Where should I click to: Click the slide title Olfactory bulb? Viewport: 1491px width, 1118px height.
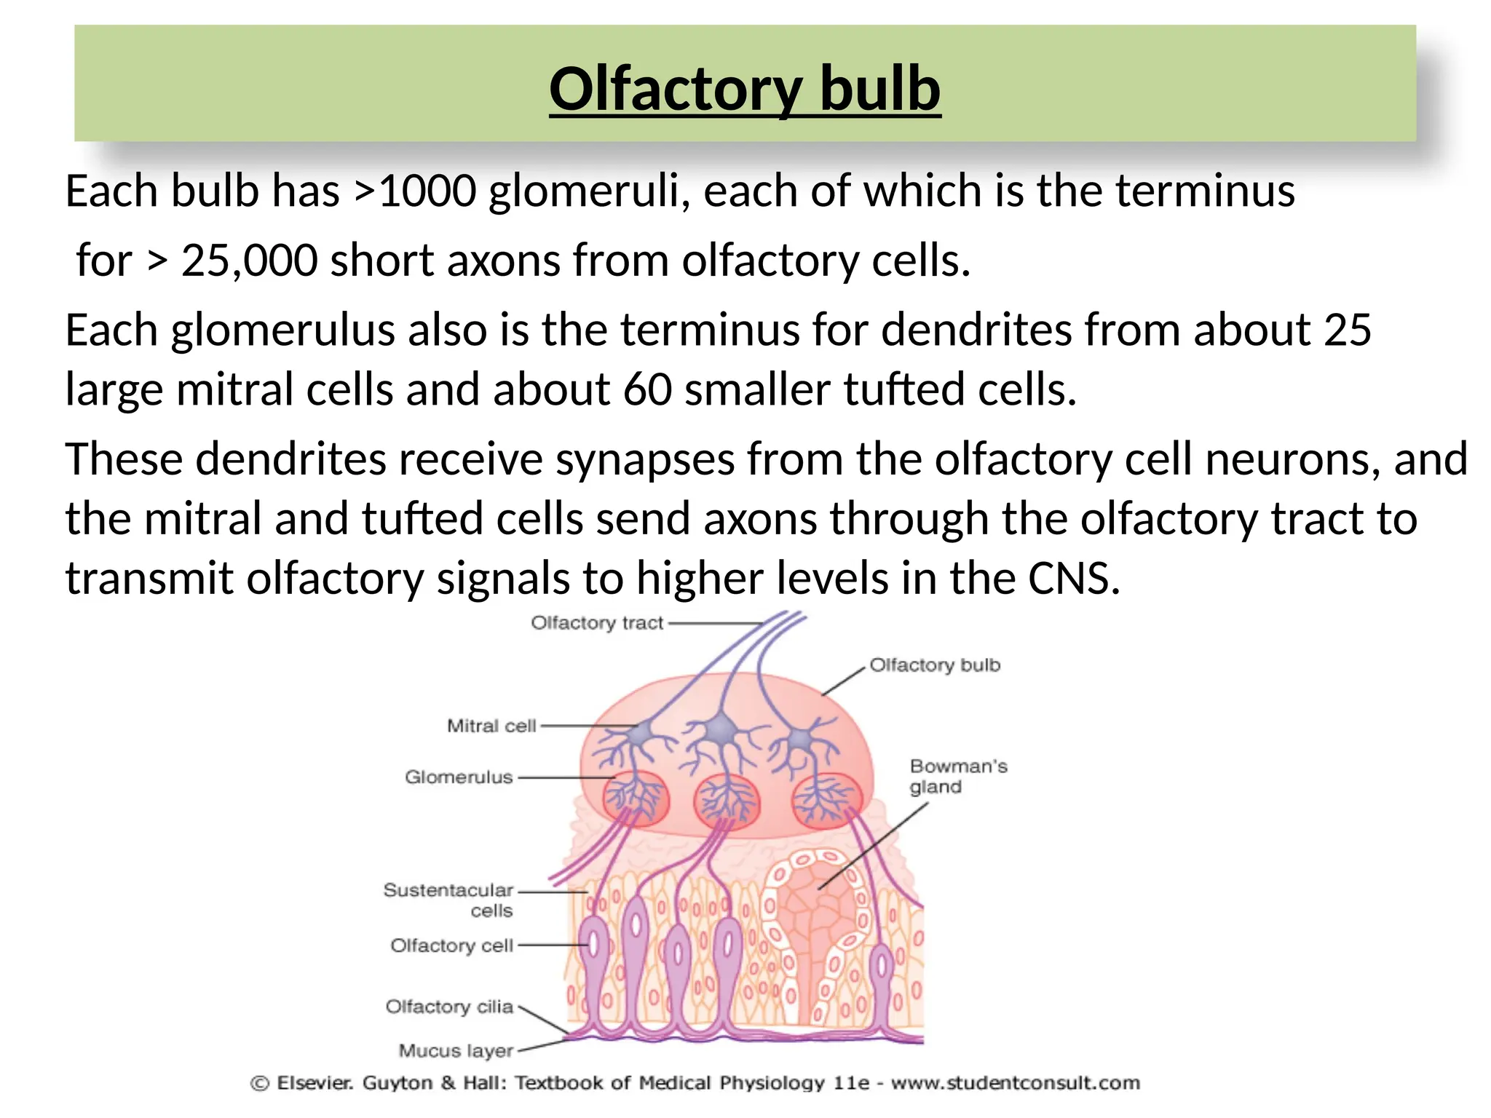click(x=745, y=89)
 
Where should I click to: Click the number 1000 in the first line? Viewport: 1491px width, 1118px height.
click(x=427, y=191)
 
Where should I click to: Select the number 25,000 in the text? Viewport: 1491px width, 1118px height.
click(x=249, y=261)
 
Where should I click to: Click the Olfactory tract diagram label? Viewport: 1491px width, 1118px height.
click(x=597, y=623)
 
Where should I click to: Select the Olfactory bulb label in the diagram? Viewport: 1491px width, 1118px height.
click(x=935, y=665)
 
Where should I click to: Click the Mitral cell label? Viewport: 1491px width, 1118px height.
click(x=491, y=726)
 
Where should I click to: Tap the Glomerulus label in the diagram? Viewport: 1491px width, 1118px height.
click(x=459, y=777)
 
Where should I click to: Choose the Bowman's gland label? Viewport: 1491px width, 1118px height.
click(x=957, y=777)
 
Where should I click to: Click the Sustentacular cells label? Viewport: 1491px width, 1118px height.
click(x=449, y=900)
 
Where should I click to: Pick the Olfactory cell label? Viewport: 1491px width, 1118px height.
click(x=451, y=945)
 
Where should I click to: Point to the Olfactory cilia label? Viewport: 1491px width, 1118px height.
click(x=449, y=1007)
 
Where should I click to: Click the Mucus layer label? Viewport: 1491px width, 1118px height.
click(x=456, y=1051)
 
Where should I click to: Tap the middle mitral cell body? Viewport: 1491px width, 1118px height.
click(x=721, y=728)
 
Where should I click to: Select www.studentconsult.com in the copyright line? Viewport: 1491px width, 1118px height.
click(x=1015, y=1083)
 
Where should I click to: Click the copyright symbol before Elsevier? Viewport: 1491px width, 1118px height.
click(x=259, y=1084)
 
